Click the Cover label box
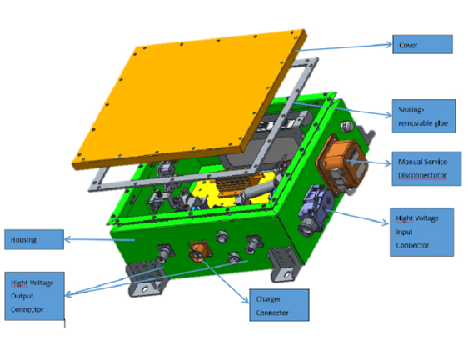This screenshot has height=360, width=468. [421, 44]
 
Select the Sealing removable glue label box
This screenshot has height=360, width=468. [423, 115]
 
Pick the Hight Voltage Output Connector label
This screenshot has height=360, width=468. [33, 295]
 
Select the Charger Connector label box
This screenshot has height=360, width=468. [278, 306]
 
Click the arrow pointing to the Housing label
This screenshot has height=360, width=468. [92, 241]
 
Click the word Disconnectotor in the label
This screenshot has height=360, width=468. [421, 175]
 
